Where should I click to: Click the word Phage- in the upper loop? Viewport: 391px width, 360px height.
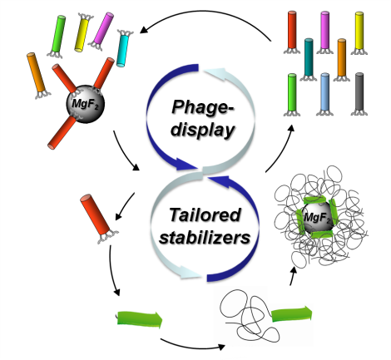coord(203,108)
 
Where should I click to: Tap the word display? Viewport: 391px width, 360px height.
coord(203,130)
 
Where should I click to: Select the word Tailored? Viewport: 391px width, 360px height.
coord(205,215)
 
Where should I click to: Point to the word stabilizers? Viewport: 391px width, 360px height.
coord(205,237)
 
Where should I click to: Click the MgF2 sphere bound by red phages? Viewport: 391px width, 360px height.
coord(86,104)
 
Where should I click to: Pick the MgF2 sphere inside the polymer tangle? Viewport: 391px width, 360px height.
coord(318,216)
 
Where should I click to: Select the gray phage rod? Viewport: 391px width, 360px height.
coord(359,94)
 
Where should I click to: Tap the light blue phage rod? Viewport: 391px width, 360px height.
coord(324,94)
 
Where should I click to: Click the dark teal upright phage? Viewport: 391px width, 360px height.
coord(309,59)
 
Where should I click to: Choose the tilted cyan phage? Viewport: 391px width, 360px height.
coord(123,48)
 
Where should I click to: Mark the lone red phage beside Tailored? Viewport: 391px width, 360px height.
coord(97,218)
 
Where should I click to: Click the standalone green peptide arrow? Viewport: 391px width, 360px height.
coord(140,319)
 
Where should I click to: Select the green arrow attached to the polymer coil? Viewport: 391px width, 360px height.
coord(292,314)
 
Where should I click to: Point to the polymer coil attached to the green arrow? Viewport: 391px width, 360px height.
coord(248,315)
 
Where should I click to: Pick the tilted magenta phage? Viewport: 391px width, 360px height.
coord(101,31)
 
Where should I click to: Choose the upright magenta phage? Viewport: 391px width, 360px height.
coord(324,32)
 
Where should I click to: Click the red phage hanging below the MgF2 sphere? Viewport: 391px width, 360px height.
coord(62,132)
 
